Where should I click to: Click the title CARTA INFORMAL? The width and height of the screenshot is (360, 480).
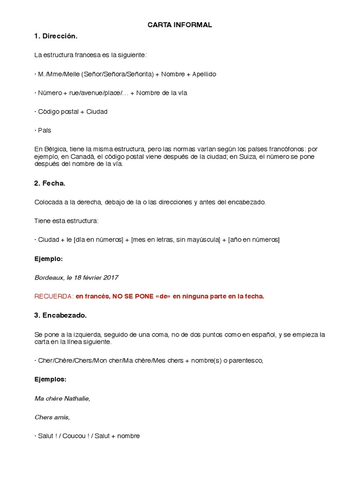(180, 25)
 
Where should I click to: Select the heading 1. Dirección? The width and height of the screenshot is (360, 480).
(55, 36)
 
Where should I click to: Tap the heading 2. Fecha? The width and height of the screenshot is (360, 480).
(50, 183)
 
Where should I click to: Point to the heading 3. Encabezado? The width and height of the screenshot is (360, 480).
(60, 315)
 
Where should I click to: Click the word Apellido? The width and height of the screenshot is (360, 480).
(204, 74)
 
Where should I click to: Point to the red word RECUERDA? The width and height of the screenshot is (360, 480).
(53, 296)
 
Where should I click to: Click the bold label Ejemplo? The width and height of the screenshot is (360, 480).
(49, 259)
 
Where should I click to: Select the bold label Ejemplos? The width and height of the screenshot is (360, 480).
(51, 379)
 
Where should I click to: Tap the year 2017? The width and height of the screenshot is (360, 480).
(111, 277)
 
